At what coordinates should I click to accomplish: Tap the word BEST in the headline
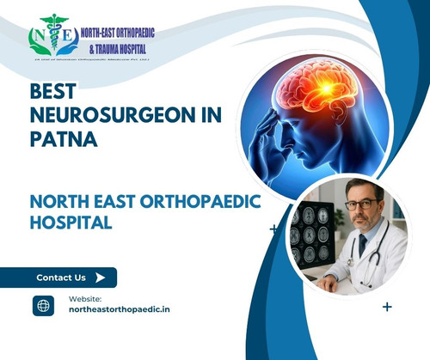(53, 91)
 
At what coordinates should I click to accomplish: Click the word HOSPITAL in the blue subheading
(71, 222)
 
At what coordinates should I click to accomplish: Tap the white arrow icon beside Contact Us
(101, 277)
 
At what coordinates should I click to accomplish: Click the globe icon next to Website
(43, 305)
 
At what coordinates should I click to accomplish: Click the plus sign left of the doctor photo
(273, 229)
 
